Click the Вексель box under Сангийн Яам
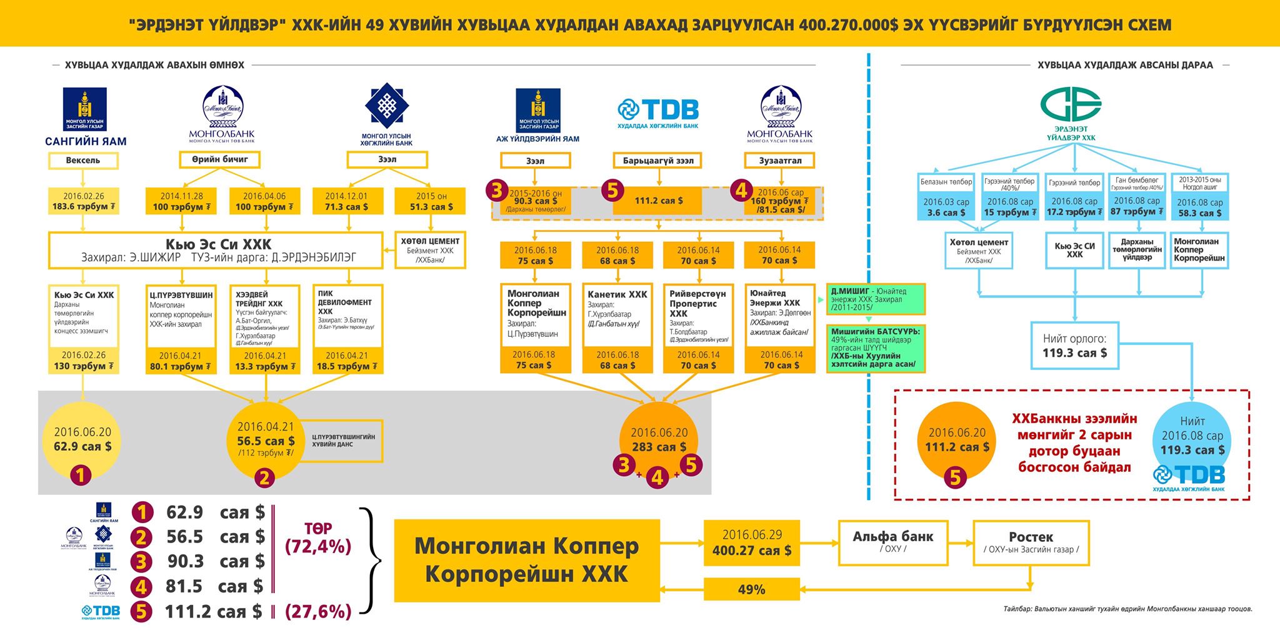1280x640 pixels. coord(83,161)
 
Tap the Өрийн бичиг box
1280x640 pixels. coord(219,160)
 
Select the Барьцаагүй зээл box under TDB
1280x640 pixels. coord(658,161)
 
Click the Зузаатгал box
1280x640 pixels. coord(780,161)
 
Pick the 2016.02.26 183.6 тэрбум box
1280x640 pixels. coord(83,201)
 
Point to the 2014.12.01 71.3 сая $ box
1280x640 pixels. coord(346,201)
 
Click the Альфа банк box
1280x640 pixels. coord(892,541)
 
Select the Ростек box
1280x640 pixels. coord(1031,542)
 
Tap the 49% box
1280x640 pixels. coord(751,589)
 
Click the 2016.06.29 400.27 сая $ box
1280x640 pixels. coord(752,542)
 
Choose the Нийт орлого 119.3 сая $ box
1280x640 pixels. coord(1074,346)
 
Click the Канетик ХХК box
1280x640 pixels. coord(617,316)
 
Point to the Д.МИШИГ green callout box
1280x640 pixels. coord(875,299)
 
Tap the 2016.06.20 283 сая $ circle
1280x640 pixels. coord(658,440)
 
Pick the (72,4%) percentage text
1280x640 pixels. coord(318,547)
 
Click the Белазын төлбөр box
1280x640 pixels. coord(946,182)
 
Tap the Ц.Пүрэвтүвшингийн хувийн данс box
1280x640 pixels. coord(343,441)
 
